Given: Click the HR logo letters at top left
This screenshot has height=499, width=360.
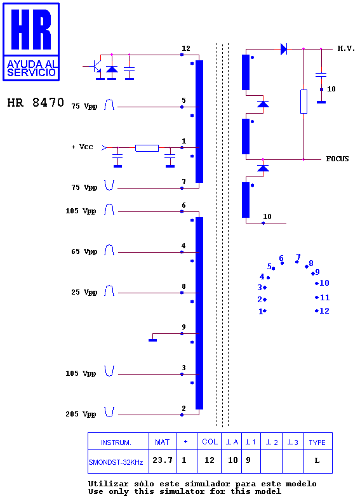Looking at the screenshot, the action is tap(31, 29).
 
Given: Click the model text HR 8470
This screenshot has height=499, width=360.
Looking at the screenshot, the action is tap(36, 102).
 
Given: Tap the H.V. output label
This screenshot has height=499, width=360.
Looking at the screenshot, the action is tap(346, 48).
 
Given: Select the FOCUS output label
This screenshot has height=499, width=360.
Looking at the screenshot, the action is tap(337, 159).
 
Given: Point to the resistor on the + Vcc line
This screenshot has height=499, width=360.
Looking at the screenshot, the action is tap(147, 148).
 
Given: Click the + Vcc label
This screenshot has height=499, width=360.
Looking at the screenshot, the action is tap(82, 147).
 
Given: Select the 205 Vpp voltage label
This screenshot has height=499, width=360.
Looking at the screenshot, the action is tap(81, 414).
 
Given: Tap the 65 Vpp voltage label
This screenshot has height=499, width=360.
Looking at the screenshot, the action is tap(84, 252).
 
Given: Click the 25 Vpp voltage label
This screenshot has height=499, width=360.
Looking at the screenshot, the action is tap(84, 292).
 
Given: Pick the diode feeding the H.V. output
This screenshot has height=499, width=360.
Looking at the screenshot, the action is tap(284, 49).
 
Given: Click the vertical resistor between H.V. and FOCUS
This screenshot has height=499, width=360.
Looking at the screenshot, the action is tap(303, 102).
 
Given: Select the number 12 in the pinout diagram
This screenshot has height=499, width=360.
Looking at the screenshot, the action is tap(324, 311).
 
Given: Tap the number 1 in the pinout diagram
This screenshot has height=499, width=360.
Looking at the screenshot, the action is tap(260, 312).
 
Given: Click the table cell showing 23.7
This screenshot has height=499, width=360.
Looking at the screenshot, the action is tap(163, 460).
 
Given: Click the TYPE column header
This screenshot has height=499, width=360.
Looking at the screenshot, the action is tap(317, 442).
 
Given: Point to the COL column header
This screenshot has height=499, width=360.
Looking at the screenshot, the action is tap(210, 442).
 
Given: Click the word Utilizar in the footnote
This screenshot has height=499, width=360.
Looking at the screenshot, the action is tap(108, 484).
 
